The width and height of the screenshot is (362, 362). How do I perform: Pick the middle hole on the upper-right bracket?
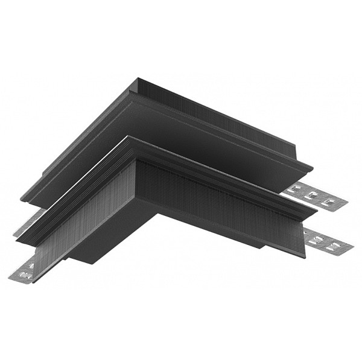pos(312,195)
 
